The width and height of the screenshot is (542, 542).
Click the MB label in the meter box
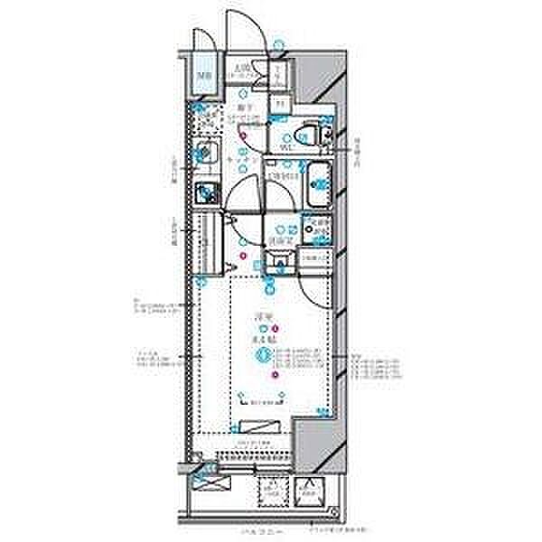(x=205, y=76)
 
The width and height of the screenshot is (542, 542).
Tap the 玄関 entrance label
(x=240, y=68)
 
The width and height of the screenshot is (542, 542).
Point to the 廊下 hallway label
(x=243, y=106)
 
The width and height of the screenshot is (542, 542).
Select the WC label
(x=285, y=145)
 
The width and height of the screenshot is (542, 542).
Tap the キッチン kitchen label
(x=241, y=159)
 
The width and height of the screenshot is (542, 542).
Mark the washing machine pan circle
(x=317, y=229)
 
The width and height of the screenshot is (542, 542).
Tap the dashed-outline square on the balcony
(x=272, y=491)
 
